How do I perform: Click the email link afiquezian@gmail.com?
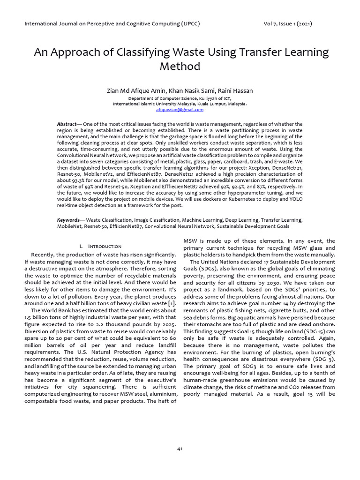point(180,110)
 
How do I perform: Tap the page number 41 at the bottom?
point(180,449)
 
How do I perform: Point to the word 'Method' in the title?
point(180,66)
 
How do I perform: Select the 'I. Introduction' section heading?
point(100,246)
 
